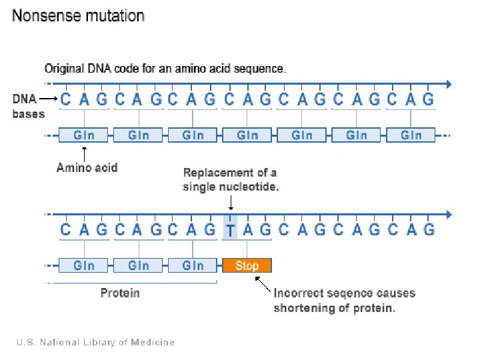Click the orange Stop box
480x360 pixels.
pyautogui.click(x=247, y=265)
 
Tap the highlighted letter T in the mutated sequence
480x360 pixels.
pyautogui.click(x=230, y=230)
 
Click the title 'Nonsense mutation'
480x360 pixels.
pyautogui.click(x=78, y=16)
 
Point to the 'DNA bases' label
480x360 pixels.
pyautogui.click(x=29, y=105)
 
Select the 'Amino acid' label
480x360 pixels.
pyautogui.click(x=87, y=167)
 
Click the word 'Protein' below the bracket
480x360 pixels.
pyautogui.click(x=120, y=293)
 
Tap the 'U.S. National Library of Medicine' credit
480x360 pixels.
pyautogui.click(x=95, y=342)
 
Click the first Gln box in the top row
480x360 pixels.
pyautogui.click(x=83, y=135)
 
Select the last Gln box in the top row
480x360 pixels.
pyautogui.click(x=411, y=135)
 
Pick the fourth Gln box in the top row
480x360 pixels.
pyautogui.click(x=247, y=135)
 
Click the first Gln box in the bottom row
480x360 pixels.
pyautogui.click(x=83, y=265)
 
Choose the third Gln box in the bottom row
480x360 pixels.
pyautogui.click(x=193, y=265)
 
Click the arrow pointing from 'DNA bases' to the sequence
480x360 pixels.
pyautogui.click(x=48, y=99)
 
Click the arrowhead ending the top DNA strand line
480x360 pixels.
pyautogui.click(x=448, y=84)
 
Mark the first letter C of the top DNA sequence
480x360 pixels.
pyautogui.click(x=65, y=99)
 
